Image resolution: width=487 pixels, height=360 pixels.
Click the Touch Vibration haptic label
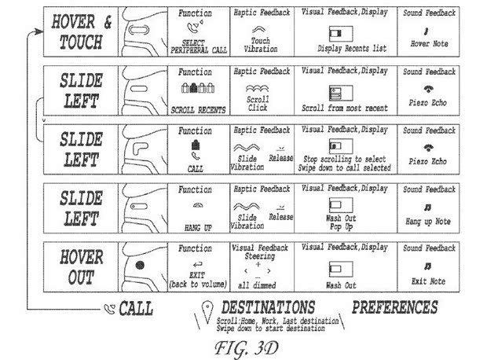coord(259,44)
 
